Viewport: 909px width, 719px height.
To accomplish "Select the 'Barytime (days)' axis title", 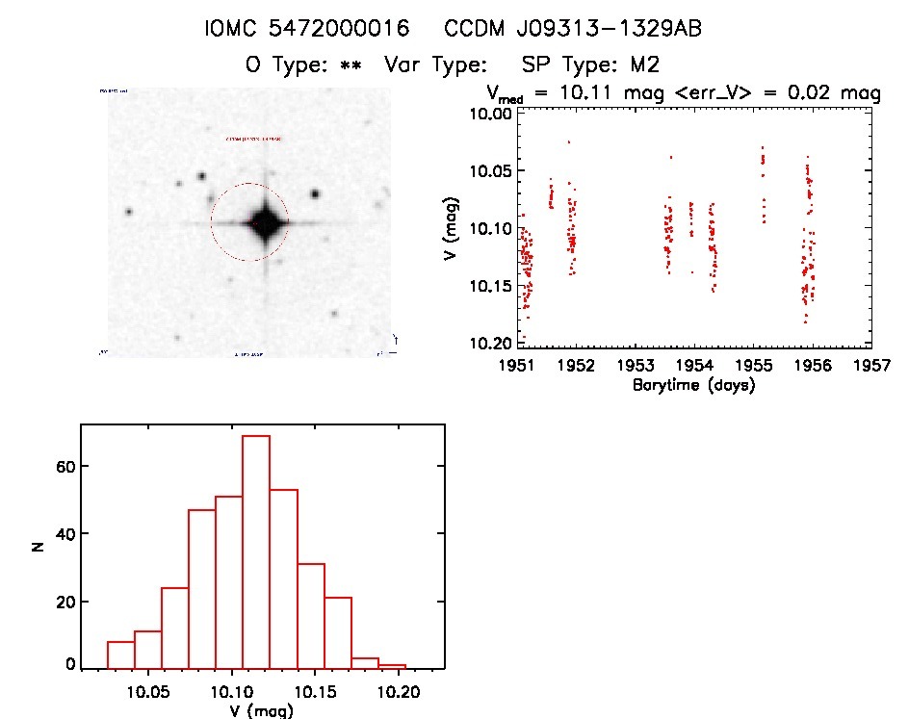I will [693, 385].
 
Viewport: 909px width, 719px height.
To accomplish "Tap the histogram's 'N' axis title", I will [37, 547].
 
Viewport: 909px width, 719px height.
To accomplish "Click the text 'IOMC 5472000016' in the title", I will [307, 30].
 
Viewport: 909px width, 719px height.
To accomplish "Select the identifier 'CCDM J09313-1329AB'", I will [573, 30].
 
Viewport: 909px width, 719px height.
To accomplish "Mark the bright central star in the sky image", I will [264, 223].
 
